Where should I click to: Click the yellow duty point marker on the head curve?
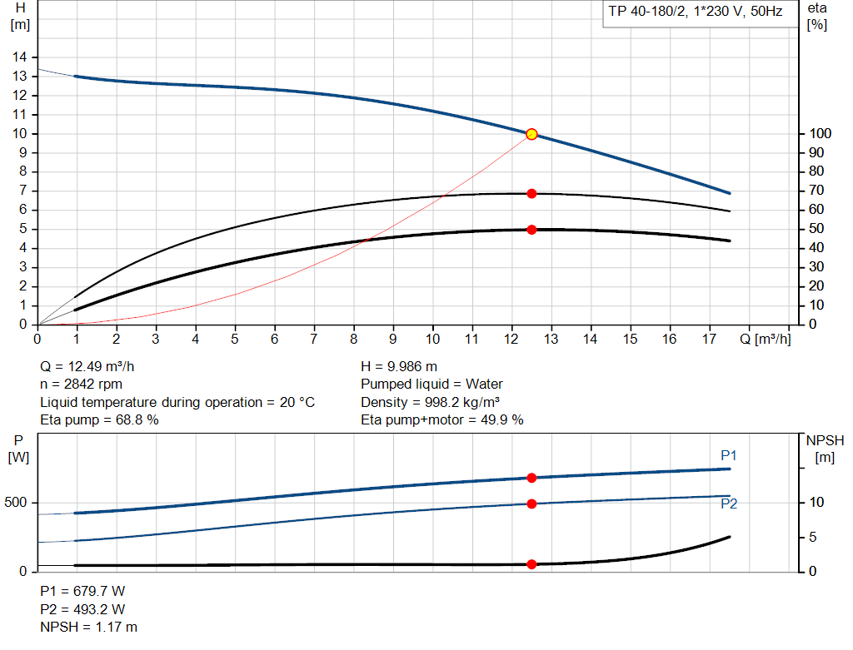tap(531, 134)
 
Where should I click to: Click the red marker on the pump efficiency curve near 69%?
tap(531, 193)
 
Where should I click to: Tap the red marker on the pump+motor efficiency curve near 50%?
tap(531, 229)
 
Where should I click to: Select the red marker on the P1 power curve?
tap(531, 478)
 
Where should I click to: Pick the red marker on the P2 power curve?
tap(531, 504)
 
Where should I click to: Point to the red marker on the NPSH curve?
tap(531, 564)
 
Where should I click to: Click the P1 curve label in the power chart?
tap(729, 455)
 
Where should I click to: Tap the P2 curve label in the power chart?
tap(729, 504)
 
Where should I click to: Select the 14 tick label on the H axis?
tap(19, 57)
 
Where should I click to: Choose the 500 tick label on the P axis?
tap(18, 503)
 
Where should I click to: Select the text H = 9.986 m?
tap(399, 366)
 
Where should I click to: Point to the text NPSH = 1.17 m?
tap(89, 627)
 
